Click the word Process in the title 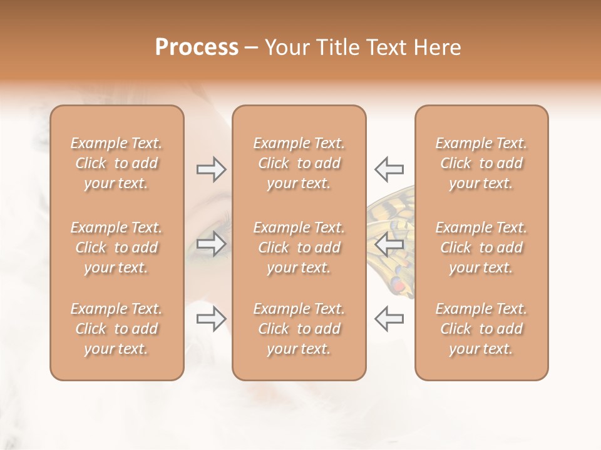pyautogui.click(x=197, y=47)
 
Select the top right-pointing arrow pyautogui.click(x=212, y=169)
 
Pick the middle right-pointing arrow pyautogui.click(x=212, y=244)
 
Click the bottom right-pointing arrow pyautogui.click(x=212, y=319)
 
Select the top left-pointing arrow pyautogui.click(x=389, y=169)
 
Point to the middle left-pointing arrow pyautogui.click(x=389, y=244)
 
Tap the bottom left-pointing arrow pyautogui.click(x=389, y=319)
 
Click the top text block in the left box pyautogui.click(x=116, y=163)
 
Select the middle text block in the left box pyautogui.click(x=116, y=247)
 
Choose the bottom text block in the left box pyautogui.click(x=116, y=329)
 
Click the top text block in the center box pyautogui.click(x=299, y=163)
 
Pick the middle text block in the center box pyautogui.click(x=299, y=247)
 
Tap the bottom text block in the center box pyautogui.click(x=299, y=329)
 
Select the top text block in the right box pyautogui.click(x=481, y=163)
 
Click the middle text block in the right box pyautogui.click(x=481, y=247)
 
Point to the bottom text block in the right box pyautogui.click(x=481, y=329)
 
